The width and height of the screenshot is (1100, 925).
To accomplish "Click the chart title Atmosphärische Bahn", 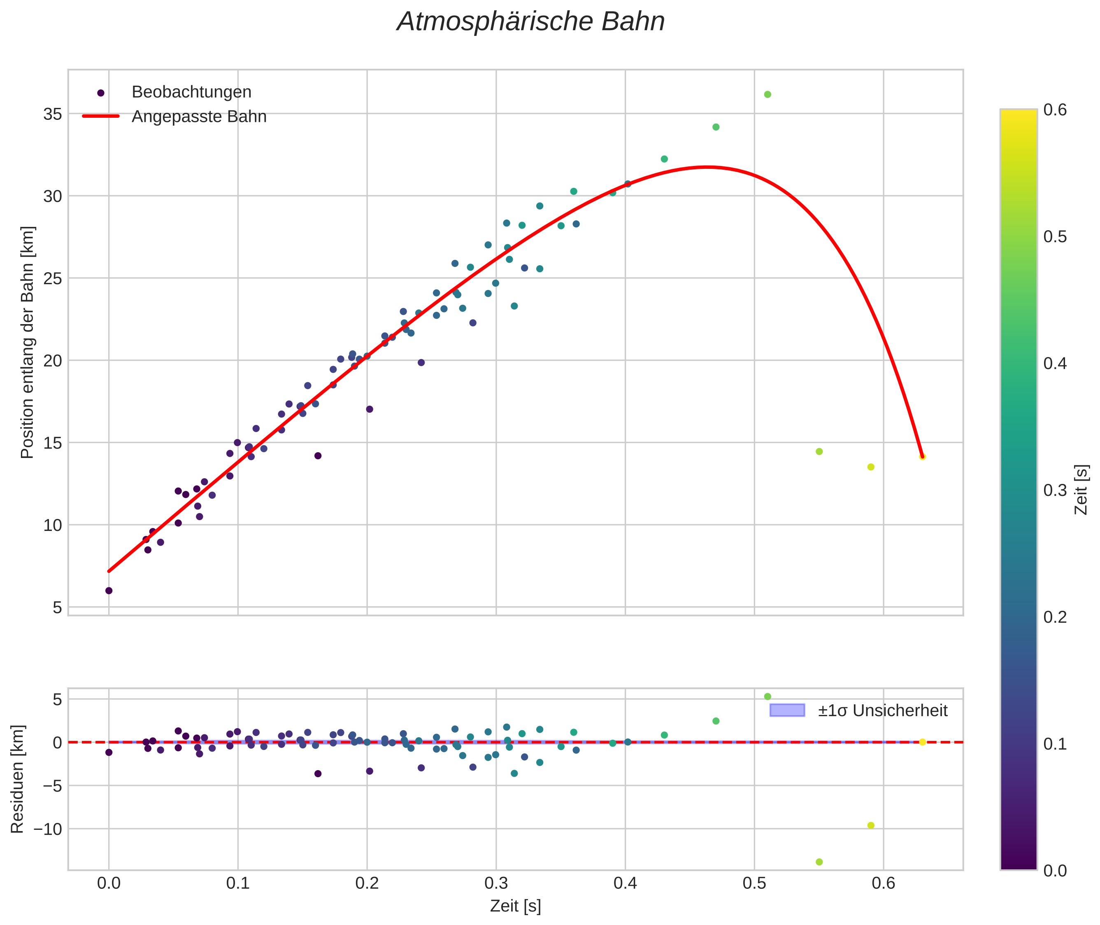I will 530,22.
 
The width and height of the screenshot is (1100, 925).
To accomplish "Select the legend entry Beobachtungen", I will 191,92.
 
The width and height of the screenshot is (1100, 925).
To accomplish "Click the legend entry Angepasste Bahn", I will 199,117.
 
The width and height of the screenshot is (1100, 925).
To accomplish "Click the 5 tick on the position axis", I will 57,608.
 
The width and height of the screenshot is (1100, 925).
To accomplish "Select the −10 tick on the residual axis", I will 48,829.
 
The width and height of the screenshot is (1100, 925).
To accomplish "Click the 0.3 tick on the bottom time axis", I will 496,883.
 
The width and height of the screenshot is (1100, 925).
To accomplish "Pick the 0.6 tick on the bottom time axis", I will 883,883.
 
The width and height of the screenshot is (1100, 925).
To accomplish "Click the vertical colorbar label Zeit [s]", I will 1081,489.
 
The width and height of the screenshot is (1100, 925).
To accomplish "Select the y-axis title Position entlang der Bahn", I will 27,342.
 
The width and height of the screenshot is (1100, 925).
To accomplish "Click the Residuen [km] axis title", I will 17,779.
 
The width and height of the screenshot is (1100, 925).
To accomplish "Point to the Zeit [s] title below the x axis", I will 515,906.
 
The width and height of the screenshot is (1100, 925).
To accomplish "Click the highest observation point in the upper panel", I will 767,94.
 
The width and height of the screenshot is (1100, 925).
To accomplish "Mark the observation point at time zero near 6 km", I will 109,591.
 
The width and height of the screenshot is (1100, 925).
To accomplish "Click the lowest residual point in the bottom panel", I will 819,862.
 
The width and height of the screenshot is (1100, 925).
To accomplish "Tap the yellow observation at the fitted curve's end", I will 922,457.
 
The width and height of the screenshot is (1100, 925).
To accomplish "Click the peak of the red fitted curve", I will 707,167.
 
